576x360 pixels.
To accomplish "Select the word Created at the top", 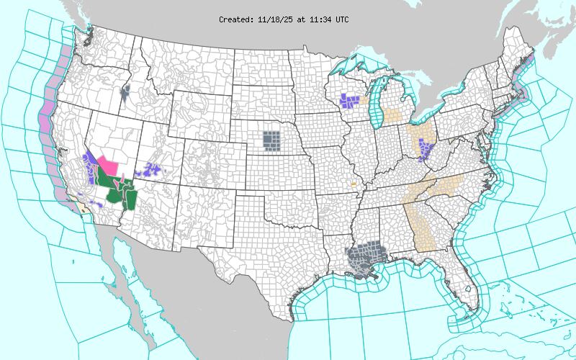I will point(235,19).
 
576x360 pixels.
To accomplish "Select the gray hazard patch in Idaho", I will point(126,93).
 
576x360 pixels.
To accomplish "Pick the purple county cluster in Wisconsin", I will point(351,100).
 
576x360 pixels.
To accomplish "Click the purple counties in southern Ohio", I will point(425,150).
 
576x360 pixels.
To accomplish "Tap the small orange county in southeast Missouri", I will point(354,184).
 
